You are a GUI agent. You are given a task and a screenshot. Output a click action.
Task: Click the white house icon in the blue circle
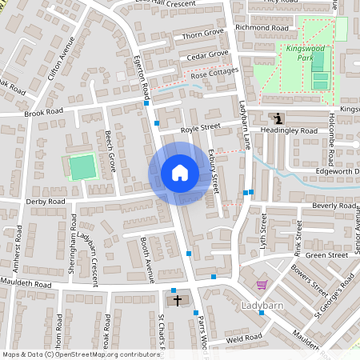(x=180, y=172)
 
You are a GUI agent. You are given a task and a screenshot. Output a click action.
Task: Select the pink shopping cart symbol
(x=262, y=285)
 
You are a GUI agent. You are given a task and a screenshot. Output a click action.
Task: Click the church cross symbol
(x=177, y=301)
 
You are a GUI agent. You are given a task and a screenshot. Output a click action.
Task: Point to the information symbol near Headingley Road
(x=278, y=118)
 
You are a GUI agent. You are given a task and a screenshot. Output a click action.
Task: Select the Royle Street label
(x=200, y=126)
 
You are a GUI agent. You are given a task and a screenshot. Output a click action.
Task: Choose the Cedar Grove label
(x=207, y=55)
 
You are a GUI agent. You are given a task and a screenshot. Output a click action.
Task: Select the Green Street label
(x=326, y=255)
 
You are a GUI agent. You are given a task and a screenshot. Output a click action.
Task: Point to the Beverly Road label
(x=334, y=206)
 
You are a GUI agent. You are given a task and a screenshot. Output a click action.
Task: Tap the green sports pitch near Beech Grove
(x=82, y=168)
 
